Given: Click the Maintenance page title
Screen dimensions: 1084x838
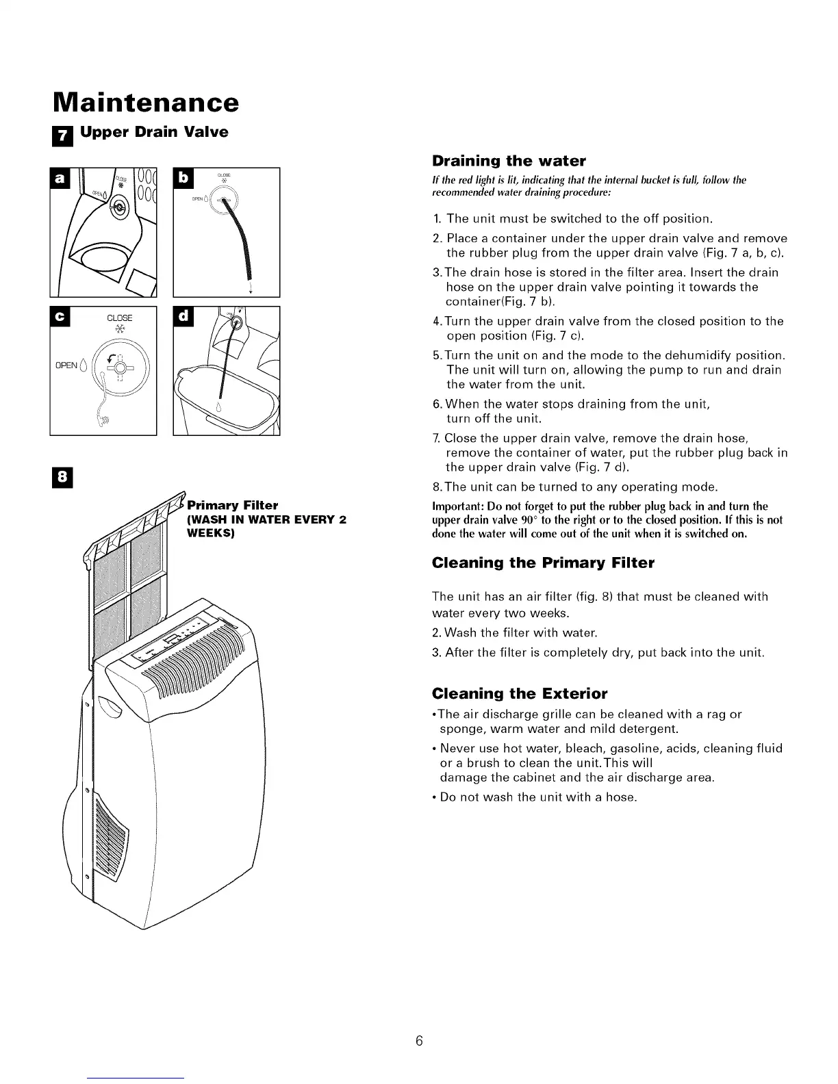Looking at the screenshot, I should tap(146, 102).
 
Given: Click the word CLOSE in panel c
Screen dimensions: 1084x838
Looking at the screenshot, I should tap(120, 318).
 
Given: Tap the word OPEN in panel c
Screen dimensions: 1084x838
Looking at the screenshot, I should tap(66, 365).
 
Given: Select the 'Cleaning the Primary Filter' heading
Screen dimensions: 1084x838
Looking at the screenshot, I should tap(543, 563).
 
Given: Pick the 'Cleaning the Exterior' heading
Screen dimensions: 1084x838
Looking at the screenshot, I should tap(520, 694).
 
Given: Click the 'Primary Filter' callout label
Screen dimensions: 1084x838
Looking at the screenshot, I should tap(233, 506).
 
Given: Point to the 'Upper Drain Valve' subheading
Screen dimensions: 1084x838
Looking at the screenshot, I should tap(154, 132).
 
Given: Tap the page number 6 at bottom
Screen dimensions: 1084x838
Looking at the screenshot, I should tap(420, 1041).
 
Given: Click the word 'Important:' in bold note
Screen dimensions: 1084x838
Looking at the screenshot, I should tap(456, 506).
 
